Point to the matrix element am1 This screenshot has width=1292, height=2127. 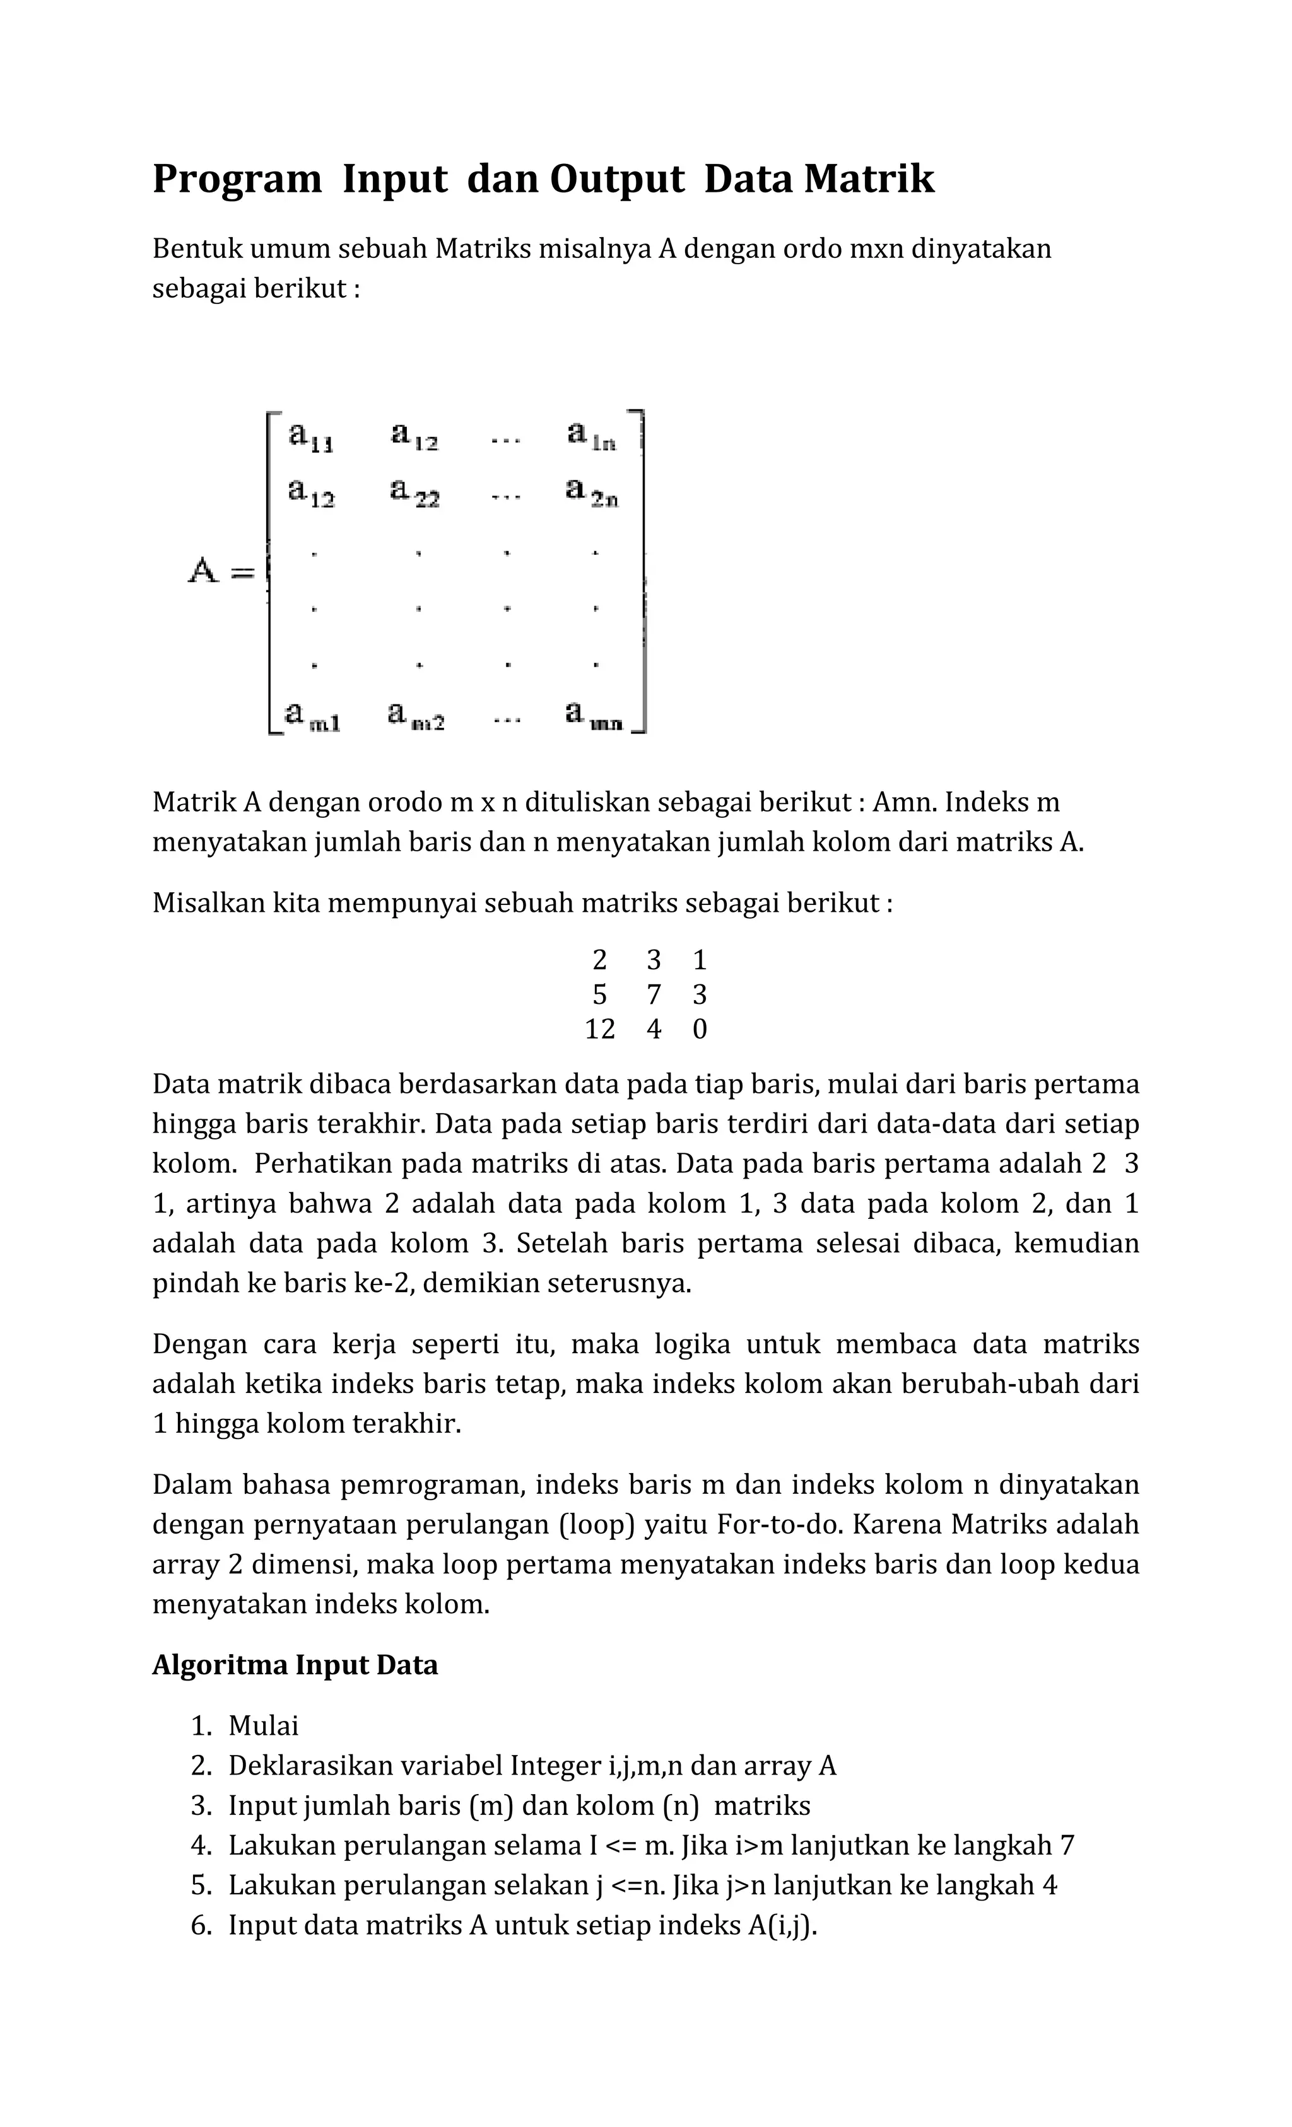click(x=312, y=716)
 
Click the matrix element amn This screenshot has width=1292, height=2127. click(x=592, y=716)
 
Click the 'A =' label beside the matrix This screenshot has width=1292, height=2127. click(x=221, y=571)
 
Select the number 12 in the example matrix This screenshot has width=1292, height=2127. click(x=599, y=1029)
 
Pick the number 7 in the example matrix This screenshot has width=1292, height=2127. click(x=654, y=994)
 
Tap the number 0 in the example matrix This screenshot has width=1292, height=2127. click(x=700, y=1029)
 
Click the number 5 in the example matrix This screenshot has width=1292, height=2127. click(x=599, y=994)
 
